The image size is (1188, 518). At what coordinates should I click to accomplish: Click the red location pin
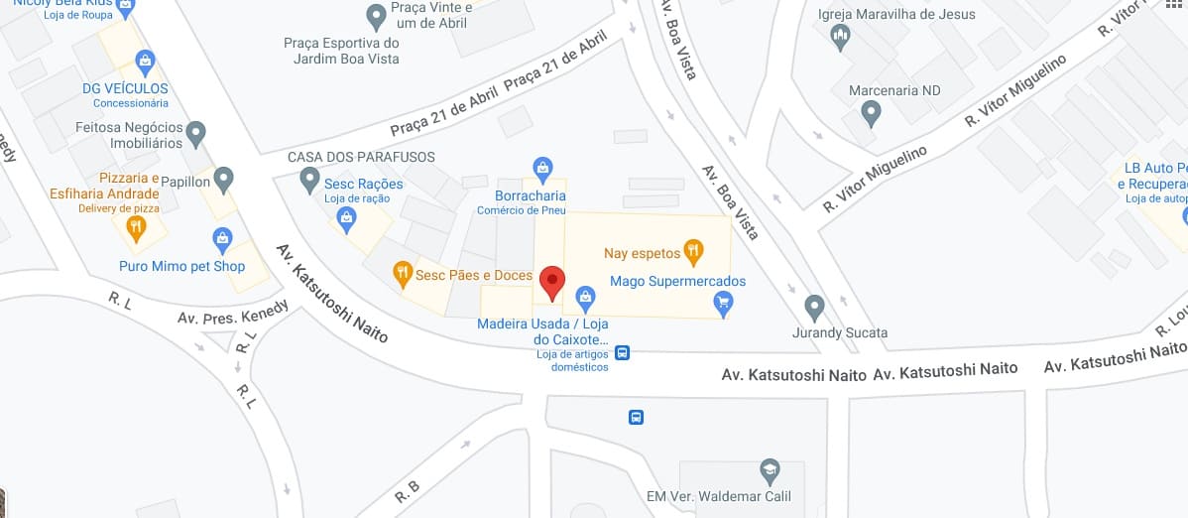click(x=551, y=283)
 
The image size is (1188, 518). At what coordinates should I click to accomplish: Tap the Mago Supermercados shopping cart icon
click(x=723, y=303)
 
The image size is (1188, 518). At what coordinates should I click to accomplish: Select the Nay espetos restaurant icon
click(x=693, y=251)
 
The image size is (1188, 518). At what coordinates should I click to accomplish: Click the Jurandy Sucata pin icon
click(x=814, y=307)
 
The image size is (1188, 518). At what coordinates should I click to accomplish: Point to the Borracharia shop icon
click(x=541, y=168)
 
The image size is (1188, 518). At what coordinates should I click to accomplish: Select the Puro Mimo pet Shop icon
click(x=222, y=239)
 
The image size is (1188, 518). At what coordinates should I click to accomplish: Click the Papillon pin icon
click(x=224, y=180)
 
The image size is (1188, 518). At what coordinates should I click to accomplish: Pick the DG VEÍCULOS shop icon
click(x=145, y=62)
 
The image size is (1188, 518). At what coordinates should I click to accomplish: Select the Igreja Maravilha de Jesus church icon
click(x=841, y=38)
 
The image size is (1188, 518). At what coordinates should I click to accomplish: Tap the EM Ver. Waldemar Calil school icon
click(x=769, y=470)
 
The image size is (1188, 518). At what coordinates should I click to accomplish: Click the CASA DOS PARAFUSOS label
click(x=361, y=157)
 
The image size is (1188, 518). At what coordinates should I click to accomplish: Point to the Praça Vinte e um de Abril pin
click(x=376, y=16)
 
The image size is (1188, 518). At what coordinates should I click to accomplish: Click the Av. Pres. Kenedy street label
click(x=232, y=312)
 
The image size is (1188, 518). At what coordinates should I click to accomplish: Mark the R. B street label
click(x=409, y=490)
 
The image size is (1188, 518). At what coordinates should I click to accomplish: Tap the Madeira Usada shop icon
click(x=585, y=297)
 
